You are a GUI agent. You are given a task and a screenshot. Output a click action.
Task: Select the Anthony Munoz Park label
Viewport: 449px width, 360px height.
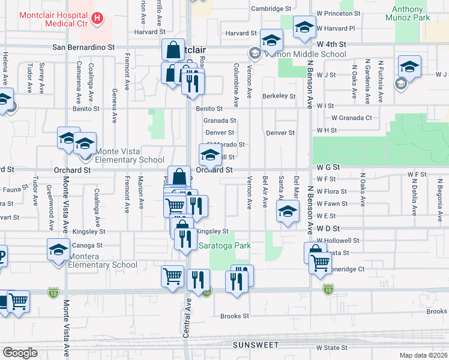(x=411, y=14)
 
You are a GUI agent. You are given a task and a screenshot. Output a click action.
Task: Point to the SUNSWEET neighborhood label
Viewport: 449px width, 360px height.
(x=258, y=345)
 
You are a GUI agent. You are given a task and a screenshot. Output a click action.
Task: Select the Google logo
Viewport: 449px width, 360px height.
(x=20, y=353)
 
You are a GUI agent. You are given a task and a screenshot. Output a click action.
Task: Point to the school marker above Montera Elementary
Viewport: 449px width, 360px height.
(x=58, y=251)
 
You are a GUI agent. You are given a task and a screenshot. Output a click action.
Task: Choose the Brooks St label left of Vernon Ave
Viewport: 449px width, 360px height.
(x=234, y=316)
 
